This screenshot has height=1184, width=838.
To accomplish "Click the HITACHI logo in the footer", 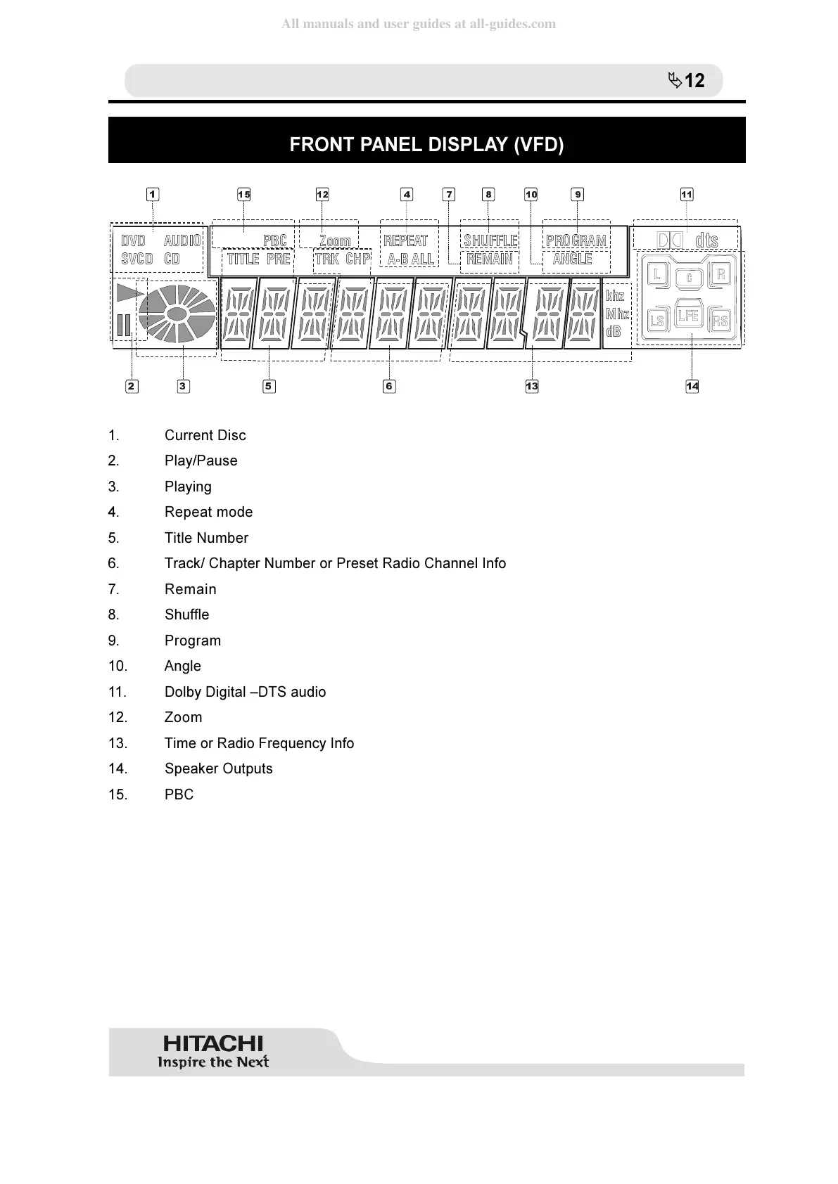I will click(213, 1043).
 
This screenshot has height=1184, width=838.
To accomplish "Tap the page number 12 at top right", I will click(694, 81).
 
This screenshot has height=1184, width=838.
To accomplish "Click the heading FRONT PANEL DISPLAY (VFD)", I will click(426, 145).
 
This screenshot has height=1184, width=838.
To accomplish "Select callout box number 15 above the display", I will click(244, 195).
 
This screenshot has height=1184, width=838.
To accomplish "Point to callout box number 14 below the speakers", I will click(692, 386).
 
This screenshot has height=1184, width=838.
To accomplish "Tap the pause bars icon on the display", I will click(124, 326).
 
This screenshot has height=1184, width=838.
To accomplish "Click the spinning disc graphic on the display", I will click(177, 314).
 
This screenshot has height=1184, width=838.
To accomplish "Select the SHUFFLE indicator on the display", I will click(490, 241).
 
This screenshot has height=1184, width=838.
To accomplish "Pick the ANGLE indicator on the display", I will click(572, 259).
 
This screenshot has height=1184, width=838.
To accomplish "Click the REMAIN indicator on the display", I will click(490, 259).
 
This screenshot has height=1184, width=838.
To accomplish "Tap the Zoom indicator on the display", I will click(335, 241).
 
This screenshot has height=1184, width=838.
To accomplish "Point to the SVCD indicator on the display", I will click(137, 259).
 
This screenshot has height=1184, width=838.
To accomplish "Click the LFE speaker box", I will click(688, 316).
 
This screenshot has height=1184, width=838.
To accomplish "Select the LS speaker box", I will click(656, 321).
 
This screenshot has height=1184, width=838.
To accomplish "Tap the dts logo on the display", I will click(706, 240).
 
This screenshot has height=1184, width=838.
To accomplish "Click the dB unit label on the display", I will click(614, 331).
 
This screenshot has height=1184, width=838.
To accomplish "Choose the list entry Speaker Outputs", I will click(218, 768).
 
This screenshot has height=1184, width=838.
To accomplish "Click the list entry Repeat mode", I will click(208, 512).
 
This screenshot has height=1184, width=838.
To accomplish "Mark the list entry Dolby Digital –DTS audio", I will click(245, 692).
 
